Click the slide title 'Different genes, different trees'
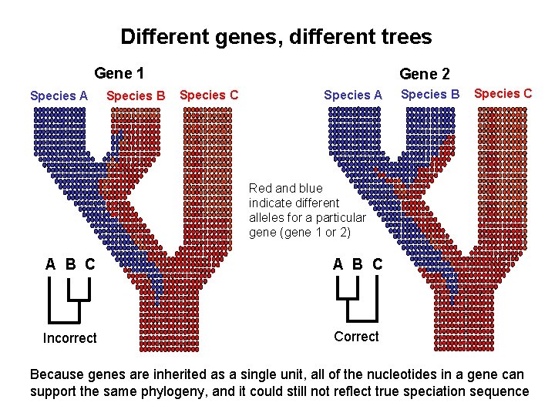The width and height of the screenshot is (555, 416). coord(276,36)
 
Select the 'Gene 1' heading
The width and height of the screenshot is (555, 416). coord(119,74)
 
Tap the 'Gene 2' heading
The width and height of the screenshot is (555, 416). coord(424,74)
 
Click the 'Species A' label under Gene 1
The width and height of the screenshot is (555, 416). coord(59,96)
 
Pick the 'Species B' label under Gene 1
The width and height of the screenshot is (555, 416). coord(136,96)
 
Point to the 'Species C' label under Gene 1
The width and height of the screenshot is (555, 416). coord(208,95)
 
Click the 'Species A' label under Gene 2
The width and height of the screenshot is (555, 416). coord(353,95)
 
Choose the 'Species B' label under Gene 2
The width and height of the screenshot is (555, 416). coord(430,94)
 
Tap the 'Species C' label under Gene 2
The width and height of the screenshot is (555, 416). coord(503,93)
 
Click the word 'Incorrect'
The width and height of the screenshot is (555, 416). coord(69,338)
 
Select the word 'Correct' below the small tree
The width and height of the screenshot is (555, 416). coord(356,337)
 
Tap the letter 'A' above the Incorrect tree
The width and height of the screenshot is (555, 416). coord(50,264)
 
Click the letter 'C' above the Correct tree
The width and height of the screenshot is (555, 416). coord(377,264)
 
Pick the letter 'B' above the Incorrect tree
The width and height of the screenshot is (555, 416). coord(70,264)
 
